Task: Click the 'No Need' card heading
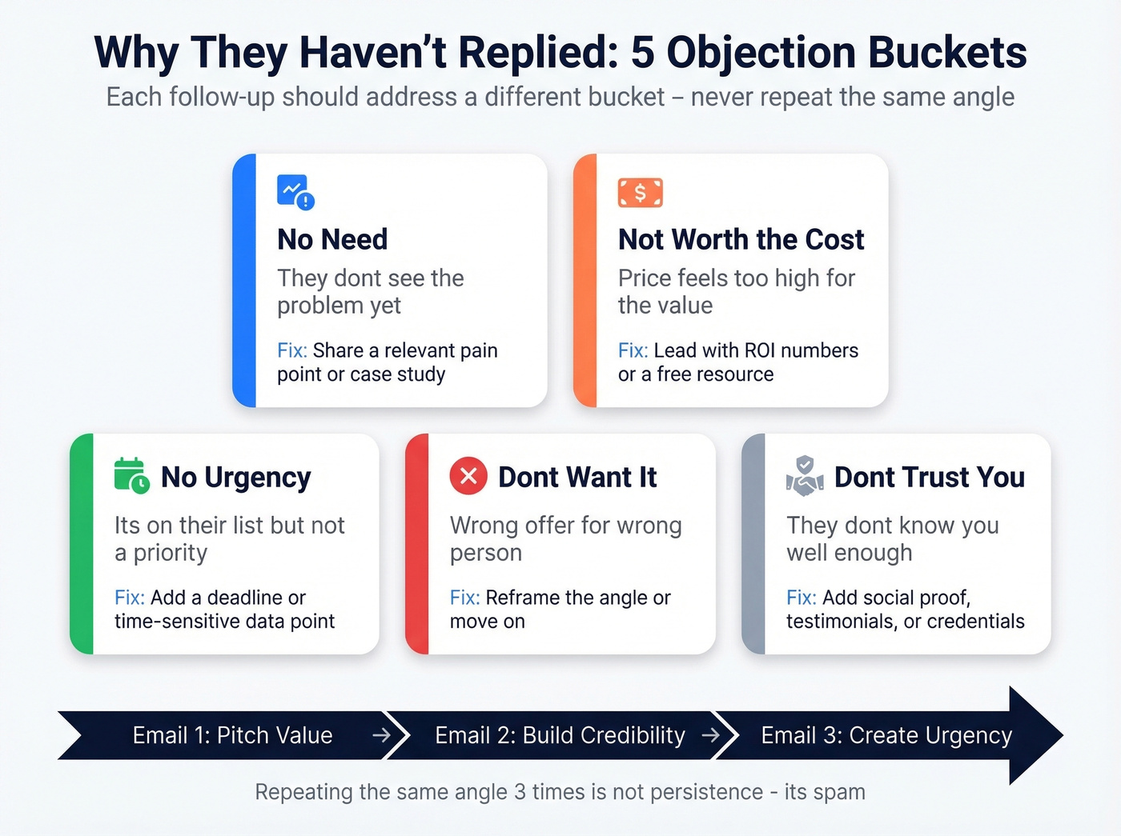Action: click(332, 239)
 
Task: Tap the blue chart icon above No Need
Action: click(295, 192)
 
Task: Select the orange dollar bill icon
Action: click(640, 193)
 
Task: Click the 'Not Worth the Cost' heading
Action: click(741, 239)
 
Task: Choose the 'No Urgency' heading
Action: click(235, 477)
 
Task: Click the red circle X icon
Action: click(468, 476)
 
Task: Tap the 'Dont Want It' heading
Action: click(577, 477)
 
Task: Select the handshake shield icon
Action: click(805, 476)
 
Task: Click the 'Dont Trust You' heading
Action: click(929, 477)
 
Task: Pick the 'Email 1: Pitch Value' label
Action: click(232, 735)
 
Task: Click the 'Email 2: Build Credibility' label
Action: click(560, 735)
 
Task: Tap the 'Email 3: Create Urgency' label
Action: click(886, 735)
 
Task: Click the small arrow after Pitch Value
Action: click(381, 734)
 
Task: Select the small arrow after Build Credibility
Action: click(710, 734)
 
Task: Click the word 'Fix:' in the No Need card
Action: click(292, 350)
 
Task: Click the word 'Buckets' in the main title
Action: click(947, 53)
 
